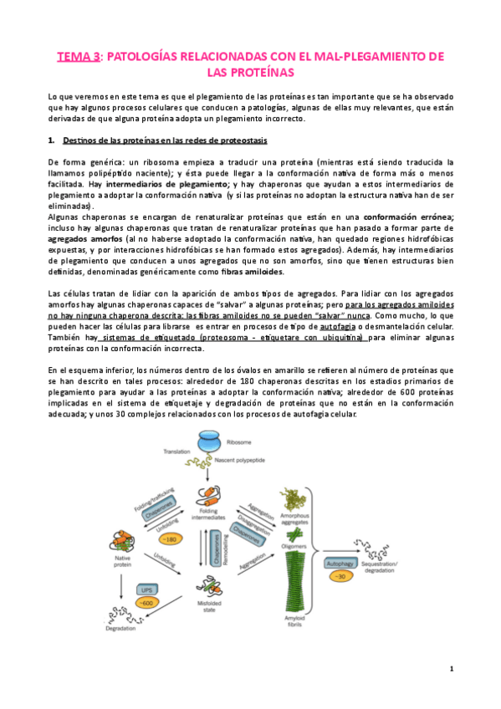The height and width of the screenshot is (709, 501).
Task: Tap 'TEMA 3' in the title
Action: click(x=78, y=56)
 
